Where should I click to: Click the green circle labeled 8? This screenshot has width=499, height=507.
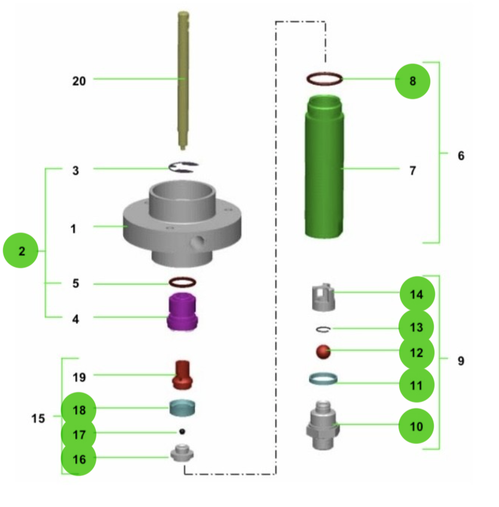pyautogui.click(x=413, y=80)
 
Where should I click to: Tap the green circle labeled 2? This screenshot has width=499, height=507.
pyautogui.click(x=22, y=251)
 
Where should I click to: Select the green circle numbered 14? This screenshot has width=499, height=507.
pyautogui.click(x=417, y=294)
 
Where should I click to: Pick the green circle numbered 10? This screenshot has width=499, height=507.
pyautogui.click(x=417, y=426)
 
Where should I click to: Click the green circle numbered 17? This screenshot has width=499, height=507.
pyautogui.click(x=79, y=434)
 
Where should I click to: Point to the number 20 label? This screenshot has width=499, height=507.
pyautogui.click(x=79, y=81)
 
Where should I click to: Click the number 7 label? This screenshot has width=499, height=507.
pyautogui.click(x=413, y=171)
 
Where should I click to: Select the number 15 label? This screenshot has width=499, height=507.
pyautogui.click(x=38, y=419)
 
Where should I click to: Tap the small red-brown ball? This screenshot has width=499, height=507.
pyautogui.click(x=323, y=352)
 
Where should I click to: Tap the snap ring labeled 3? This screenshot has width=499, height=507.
pyautogui.click(x=183, y=168)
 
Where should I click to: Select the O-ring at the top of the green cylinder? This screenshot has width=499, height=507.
pyautogui.click(x=324, y=79)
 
